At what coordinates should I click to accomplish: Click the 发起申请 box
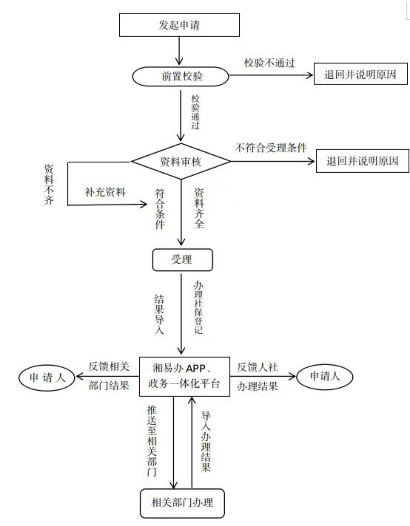click(x=179, y=25)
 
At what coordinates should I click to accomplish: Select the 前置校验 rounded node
click(x=181, y=76)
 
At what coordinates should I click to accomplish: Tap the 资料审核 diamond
click(x=181, y=161)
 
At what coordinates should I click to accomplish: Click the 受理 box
click(x=183, y=259)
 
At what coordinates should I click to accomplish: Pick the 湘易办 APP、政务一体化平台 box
click(x=184, y=376)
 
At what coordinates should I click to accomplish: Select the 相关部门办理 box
click(x=182, y=503)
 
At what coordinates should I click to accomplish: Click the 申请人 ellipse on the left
click(x=47, y=378)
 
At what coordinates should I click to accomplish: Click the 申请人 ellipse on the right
click(x=325, y=376)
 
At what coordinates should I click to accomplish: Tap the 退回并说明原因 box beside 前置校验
click(x=360, y=74)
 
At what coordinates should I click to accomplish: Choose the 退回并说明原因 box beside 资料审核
click(x=363, y=161)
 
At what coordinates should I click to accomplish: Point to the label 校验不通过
click(x=269, y=63)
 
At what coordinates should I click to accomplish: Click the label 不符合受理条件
click(x=271, y=148)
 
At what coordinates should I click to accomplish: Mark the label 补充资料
click(x=105, y=192)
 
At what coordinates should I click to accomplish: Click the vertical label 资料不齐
click(x=49, y=185)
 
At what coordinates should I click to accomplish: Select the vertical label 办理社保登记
click(x=198, y=307)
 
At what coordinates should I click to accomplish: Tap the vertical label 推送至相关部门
click(x=152, y=441)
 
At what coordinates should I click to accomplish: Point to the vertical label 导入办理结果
click(x=206, y=442)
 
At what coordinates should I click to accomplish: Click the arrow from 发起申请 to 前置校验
click(x=179, y=51)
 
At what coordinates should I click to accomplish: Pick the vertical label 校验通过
click(x=195, y=112)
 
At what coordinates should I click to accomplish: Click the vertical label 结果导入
click(x=159, y=314)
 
